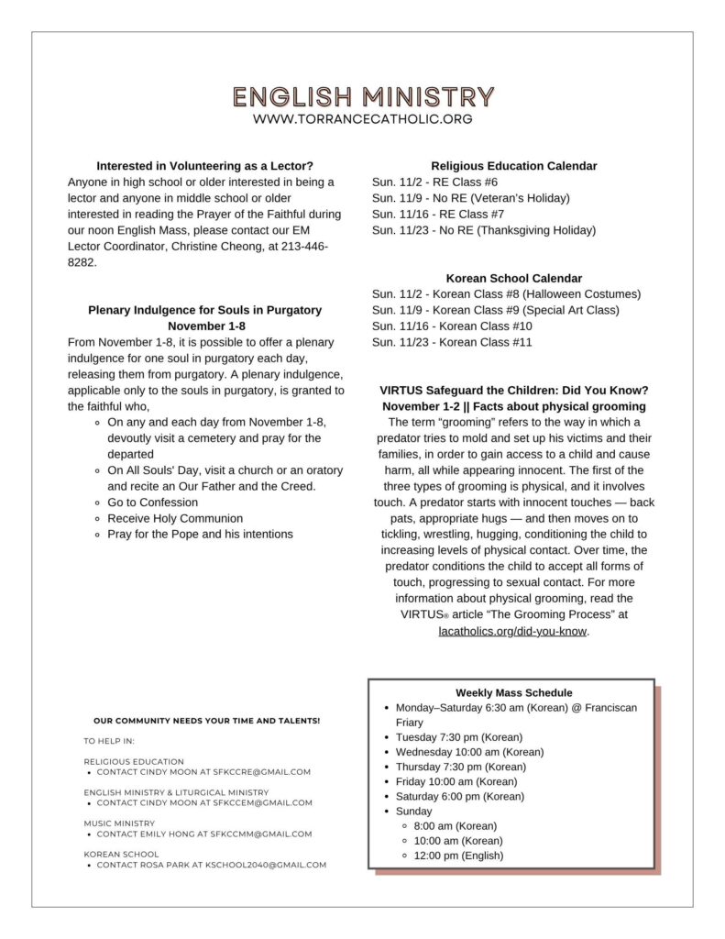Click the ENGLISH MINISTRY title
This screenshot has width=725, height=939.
(363, 96)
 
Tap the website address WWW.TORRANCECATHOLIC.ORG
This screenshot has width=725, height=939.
(363, 119)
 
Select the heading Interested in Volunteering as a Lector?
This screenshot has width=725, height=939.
(205, 166)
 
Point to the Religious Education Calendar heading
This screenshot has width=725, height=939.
(513, 166)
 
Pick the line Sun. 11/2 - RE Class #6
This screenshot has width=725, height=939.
(434, 182)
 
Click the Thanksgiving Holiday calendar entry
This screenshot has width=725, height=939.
(483, 230)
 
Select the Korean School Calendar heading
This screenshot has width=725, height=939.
(513, 278)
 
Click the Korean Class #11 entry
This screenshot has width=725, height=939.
(452, 342)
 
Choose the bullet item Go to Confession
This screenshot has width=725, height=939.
(152, 503)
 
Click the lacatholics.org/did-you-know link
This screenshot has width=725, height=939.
(512, 631)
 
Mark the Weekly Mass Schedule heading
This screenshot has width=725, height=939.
(513, 693)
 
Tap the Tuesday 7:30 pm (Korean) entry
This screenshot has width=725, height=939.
(458, 737)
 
